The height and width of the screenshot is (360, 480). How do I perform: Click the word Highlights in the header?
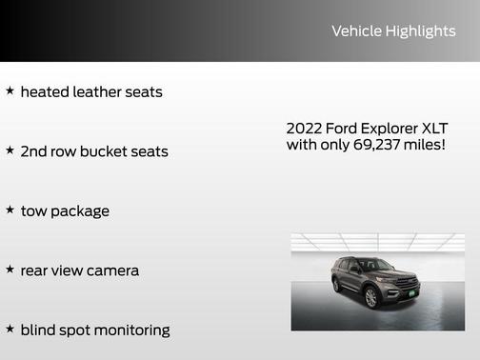[x=420, y=31]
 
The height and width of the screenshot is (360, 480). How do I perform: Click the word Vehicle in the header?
[x=355, y=31]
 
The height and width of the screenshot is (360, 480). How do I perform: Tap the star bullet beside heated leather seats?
[x=10, y=91]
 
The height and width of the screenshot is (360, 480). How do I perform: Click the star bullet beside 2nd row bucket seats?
[x=10, y=150]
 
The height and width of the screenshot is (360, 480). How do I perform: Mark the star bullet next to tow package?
[x=10, y=210]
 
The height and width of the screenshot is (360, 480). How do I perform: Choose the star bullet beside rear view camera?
[x=10, y=270]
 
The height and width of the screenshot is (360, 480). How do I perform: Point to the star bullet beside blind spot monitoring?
[x=10, y=329]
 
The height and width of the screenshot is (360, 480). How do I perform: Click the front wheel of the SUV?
[x=371, y=297]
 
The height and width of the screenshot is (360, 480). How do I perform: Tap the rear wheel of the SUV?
[x=337, y=284]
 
